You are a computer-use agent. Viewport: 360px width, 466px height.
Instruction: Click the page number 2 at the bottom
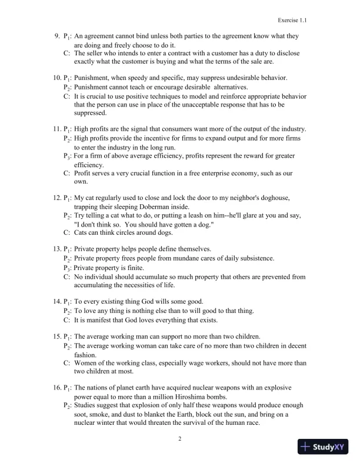pos(180,438)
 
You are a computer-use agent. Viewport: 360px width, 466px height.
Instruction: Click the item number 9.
pos(58,36)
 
